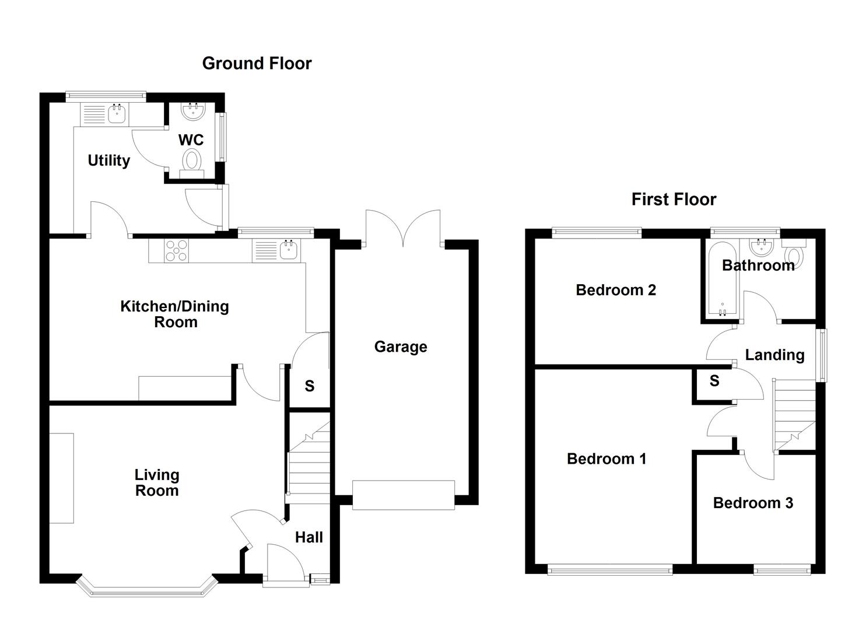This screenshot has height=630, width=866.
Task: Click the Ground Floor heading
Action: tap(257, 63)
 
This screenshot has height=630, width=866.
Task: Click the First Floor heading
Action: tap(674, 199)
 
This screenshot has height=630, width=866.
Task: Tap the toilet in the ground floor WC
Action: tap(192, 160)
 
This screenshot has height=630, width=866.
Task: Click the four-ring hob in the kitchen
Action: tap(177, 251)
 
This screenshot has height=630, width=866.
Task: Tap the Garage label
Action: tap(401, 347)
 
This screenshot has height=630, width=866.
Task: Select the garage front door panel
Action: tap(403, 495)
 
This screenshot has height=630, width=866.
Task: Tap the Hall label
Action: tap(308, 537)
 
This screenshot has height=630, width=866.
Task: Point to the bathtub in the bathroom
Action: tap(722, 280)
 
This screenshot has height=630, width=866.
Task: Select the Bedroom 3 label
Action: tap(753, 503)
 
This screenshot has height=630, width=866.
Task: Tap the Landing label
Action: tap(774, 355)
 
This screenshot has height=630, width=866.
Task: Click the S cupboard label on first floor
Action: tap(714, 381)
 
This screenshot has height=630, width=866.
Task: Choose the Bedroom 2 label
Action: tap(616, 290)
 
